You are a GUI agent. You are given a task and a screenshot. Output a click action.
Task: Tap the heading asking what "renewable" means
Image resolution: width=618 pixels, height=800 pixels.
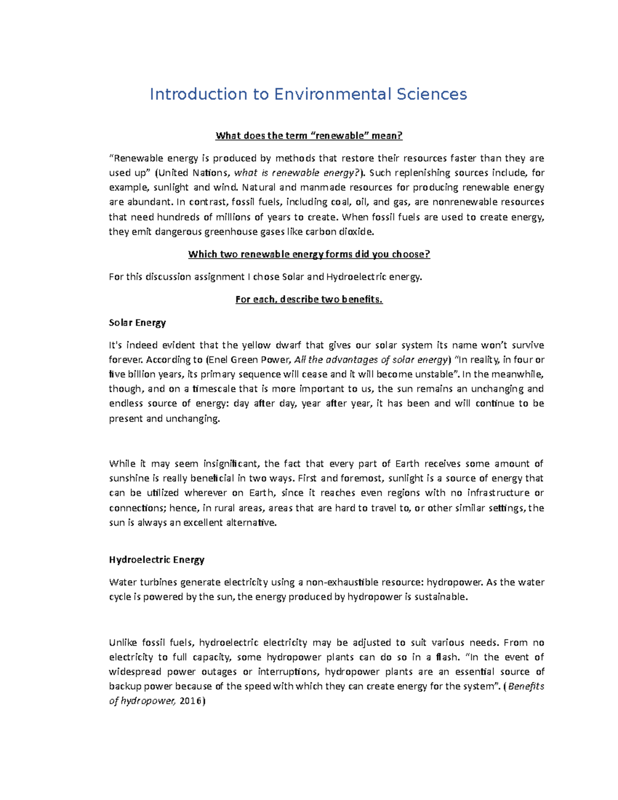(308, 135)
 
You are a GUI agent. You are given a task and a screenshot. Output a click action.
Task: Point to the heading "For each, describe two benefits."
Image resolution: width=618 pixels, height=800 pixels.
(308, 299)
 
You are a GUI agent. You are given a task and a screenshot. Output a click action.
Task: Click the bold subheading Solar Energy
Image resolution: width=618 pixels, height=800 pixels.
(137, 322)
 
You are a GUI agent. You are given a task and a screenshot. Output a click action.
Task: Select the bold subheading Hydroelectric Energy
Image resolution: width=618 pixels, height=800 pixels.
(157, 559)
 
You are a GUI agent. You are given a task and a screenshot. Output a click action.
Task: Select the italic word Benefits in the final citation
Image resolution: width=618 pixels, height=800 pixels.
(526, 686)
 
